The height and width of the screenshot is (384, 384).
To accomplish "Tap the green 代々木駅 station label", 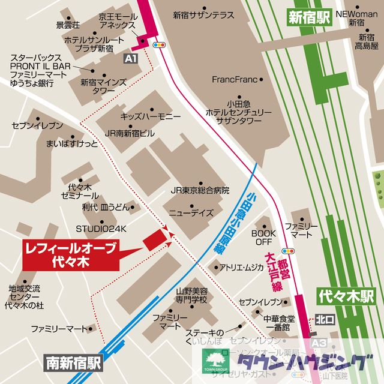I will coord(346,296).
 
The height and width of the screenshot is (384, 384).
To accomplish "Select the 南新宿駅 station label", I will coord(74,362).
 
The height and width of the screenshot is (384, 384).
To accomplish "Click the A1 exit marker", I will coord(130,58).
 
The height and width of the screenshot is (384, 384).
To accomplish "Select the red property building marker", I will coord(153,239).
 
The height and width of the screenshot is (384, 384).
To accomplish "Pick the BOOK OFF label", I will coord(262,237).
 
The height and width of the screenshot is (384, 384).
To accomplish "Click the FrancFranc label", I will coord(234,79).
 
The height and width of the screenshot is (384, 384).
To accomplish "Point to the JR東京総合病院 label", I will coord(200,190).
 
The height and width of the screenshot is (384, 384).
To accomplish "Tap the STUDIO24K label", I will coord(101,229).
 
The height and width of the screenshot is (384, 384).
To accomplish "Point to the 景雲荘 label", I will coord(68,25).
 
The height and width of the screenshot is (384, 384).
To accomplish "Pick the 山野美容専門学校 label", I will coord(191,294).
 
